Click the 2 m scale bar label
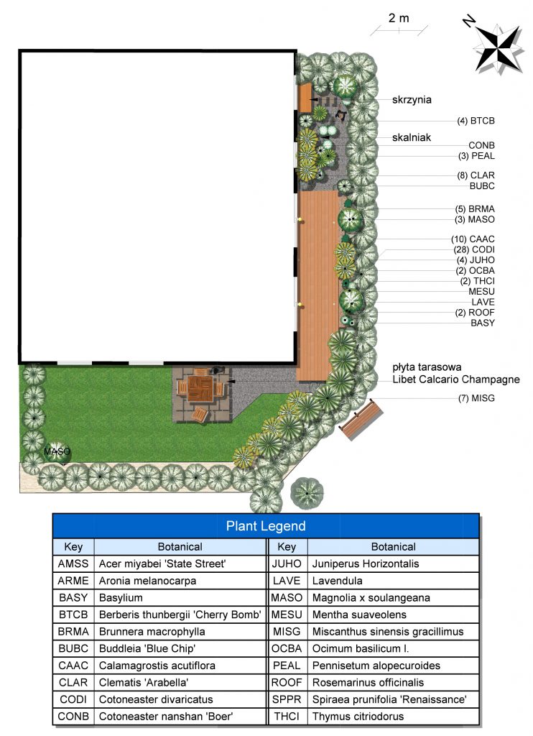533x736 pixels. (x=399, y=18)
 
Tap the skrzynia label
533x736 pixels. (x=412, y=100)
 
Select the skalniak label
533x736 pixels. (x=412, y=137)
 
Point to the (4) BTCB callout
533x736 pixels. (x=476, y=121)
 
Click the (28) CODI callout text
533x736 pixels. (x=474, y=249)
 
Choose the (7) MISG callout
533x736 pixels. (x=476, y=398)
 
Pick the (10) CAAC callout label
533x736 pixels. (x=473, y=239)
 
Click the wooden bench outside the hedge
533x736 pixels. (x=361, y=419)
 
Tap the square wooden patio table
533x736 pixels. (x=200, y=389)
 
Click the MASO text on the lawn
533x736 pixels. (x=57, y=451)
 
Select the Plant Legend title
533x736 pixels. (x=266, y=526)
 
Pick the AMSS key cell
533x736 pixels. (x=73, y=563)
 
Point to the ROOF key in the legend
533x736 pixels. (x=287, y=683)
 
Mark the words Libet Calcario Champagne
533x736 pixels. (x=456, y=379)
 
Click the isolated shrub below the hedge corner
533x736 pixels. (x=307, y=493)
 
